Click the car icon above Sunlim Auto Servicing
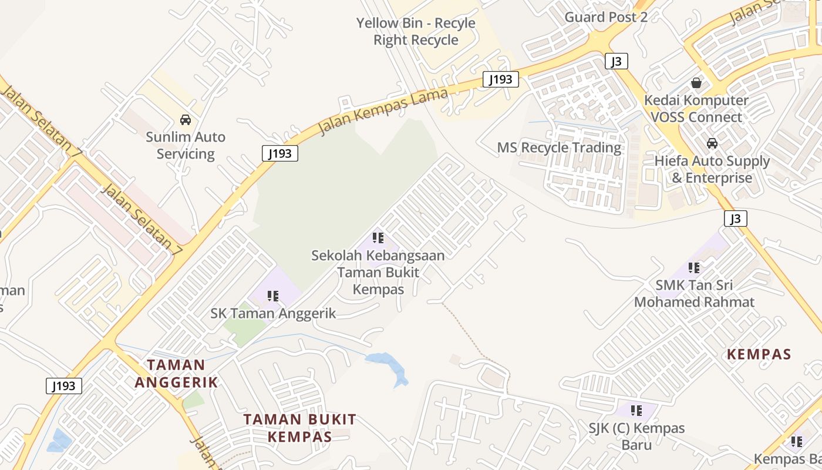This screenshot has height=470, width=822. [186, 120]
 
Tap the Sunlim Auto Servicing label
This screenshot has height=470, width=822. [186, 145]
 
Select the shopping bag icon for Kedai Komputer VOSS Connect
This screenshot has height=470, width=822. [696, 83]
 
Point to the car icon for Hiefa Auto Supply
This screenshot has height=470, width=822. [712, 143]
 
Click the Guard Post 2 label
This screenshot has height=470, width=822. [606, 17]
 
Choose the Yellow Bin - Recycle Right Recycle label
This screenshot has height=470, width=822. [416, 32]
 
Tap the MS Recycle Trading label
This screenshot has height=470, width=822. [559, 147]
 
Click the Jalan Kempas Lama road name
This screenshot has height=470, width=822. [383, 111]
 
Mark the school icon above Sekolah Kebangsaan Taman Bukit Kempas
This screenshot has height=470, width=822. [378, 238]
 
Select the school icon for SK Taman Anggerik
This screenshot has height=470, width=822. [272, 296]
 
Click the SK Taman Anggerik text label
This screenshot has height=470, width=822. [273, 313]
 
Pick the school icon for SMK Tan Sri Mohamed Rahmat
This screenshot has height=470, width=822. [694, 268]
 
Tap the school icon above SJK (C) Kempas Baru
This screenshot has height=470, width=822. [636, 410]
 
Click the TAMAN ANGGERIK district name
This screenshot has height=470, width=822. [176, 374]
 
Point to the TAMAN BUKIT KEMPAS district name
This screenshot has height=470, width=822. [300, 428]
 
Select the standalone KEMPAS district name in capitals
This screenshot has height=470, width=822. [759, 354]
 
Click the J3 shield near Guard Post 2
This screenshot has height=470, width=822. [616, 61]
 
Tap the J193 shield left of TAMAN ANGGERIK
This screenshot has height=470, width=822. [64, 386]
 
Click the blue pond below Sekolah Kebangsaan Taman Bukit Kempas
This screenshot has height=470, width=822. [389, 365]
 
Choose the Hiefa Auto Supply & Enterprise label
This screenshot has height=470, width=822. [712, 169]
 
